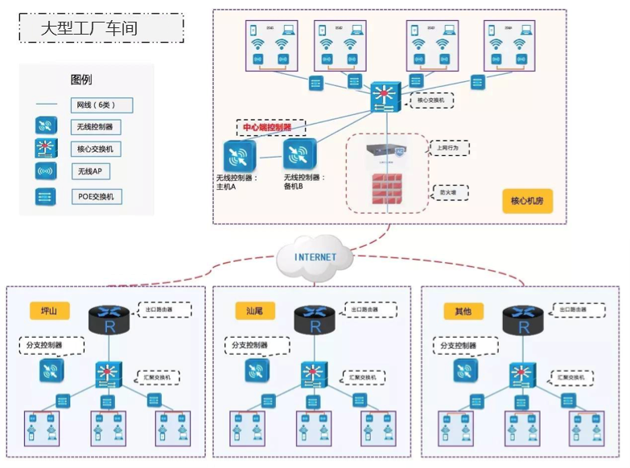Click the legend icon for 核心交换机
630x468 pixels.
coord(46,149)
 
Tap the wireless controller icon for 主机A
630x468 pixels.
coord(239,155)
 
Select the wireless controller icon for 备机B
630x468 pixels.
coord(299,153)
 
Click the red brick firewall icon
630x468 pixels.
coord(387,190)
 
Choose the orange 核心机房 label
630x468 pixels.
coord(527,200)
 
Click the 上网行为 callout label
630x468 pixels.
coord(448,148)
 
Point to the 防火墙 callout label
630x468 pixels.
coord(448,192)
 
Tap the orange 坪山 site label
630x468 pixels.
coord(49,311)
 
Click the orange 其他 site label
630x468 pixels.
coord(463,311)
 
